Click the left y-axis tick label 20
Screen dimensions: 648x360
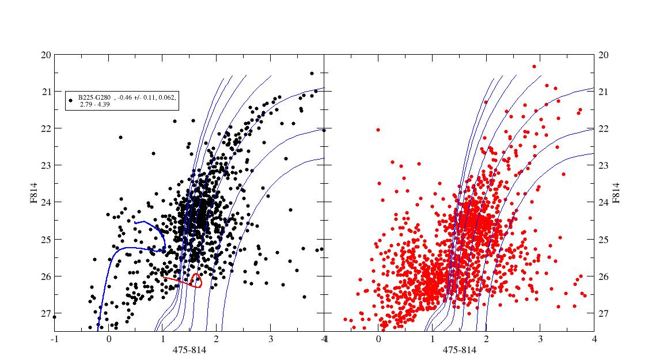46,55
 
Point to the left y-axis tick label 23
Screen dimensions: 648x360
46,165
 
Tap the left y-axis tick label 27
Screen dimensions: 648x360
46,313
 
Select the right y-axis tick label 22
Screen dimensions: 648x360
604,129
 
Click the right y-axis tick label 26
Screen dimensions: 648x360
604,276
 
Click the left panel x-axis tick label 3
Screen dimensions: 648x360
270,339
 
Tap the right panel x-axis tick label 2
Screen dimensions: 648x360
486,339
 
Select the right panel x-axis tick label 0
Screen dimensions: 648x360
378,339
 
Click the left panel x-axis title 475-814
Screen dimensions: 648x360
190,350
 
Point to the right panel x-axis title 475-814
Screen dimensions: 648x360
460,350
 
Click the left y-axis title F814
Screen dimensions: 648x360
33,193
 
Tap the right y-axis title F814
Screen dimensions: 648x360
616,193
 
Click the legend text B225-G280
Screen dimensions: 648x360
94,97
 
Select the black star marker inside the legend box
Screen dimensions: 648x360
70,100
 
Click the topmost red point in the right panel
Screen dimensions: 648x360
535,67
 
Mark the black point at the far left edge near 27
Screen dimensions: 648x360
54,317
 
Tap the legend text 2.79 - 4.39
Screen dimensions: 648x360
94,105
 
